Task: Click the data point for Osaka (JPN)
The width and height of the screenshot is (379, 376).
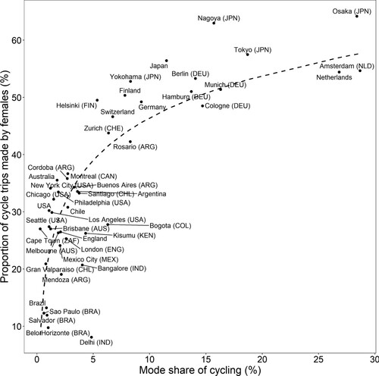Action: [357, 16]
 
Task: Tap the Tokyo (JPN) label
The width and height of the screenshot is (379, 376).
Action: [253, 50]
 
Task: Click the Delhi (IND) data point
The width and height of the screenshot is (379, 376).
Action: [92, 337]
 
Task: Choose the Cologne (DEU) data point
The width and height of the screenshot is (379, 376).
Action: [203, 106]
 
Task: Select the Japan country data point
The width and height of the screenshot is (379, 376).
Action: [167, 61]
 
